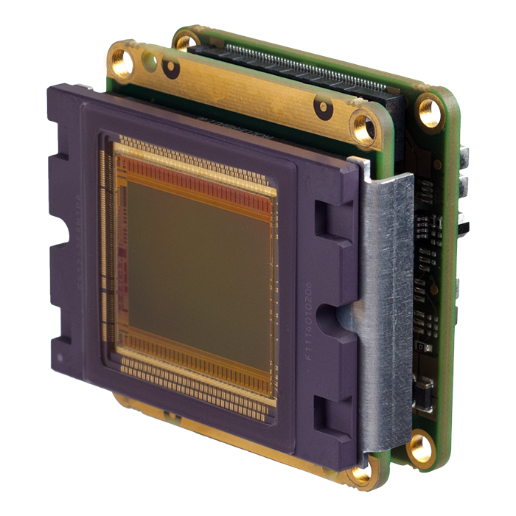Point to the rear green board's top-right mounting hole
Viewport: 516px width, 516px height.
[430, 111]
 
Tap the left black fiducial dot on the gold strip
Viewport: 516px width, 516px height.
[171, 70]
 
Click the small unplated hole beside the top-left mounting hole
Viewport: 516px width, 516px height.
[152, 57]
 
